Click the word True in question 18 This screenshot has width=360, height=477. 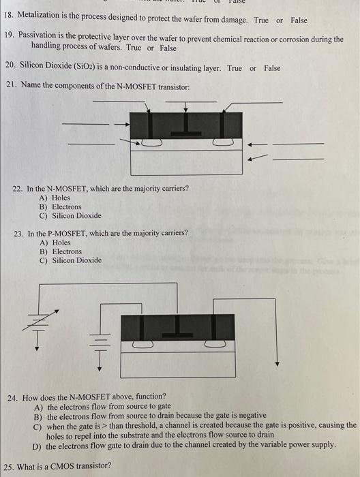pyautogui.click(x=262, y=20)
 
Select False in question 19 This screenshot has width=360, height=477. pyautogui.click(x=168, y=48)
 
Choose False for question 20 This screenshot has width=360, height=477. pyautogui.click(x=272, y=68)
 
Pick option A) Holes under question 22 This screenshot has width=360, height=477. pyautogui.click(x=55, y=198)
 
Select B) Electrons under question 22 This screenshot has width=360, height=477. pyautogui.click(x=61, y=206)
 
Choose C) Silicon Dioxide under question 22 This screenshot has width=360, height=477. pyautogui.click(x=71, y=216)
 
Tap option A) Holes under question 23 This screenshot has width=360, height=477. pyautogui.click(x=55, y=242)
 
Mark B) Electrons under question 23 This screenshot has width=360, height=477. pyautogui.click(x=61, y=251)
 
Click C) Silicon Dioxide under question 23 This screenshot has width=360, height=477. pyautogui.click(x=71, y=260)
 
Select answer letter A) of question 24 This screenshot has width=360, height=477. pyautogui.click(x=38, y=406)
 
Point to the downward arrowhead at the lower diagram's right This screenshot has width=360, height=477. pyautogui.click(x=277, y=364)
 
